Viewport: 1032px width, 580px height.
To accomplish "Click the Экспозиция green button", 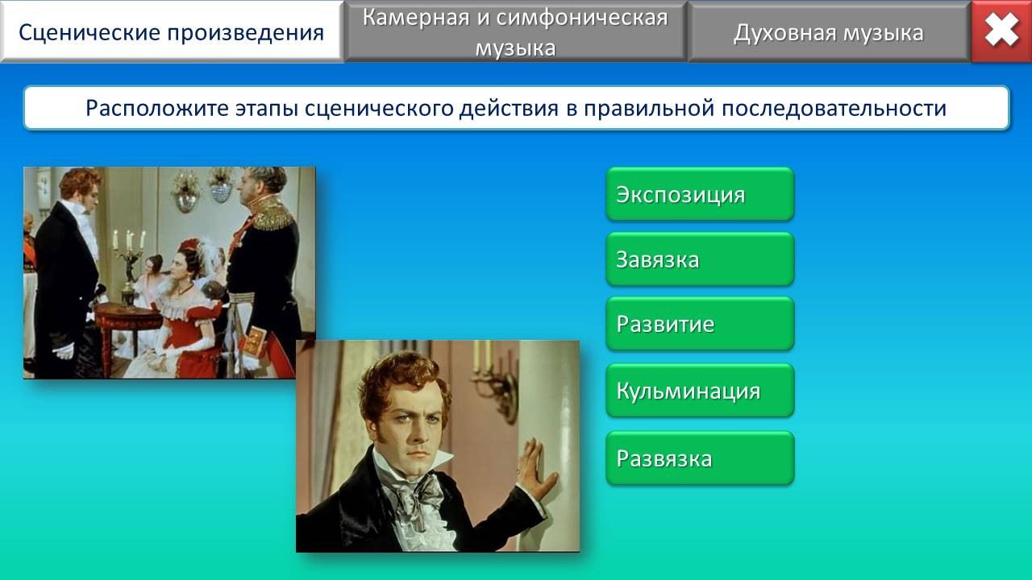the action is (700, 194).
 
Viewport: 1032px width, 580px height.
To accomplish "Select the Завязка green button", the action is (700, 259).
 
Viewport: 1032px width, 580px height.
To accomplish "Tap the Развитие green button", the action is (700, 324).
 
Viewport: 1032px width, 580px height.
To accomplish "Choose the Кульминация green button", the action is (700, 391).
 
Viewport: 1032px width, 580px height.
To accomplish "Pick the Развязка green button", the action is (700, 458).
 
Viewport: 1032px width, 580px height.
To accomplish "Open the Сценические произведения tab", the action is (172, 31).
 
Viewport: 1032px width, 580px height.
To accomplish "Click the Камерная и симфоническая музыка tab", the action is (515, 31).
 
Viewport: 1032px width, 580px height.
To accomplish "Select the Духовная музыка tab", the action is (829, 31).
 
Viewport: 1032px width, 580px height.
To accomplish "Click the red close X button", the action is (1001, 31).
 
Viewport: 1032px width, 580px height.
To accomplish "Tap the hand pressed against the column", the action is (537, 466).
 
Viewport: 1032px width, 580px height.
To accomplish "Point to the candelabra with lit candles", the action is (130, 257).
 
